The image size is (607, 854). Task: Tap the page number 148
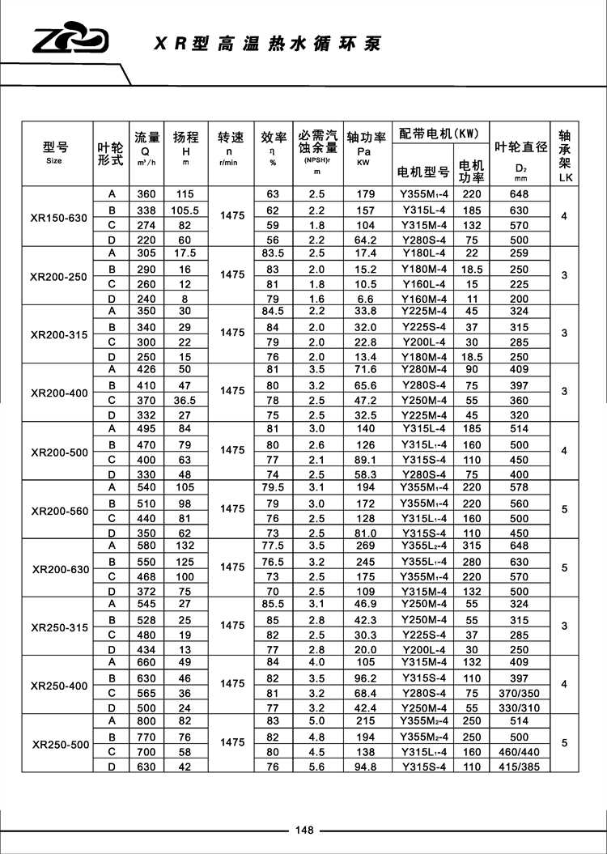tap(304, 830)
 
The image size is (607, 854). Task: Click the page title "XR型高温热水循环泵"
tap(267, 44)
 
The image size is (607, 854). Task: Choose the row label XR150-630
tap(57, 218)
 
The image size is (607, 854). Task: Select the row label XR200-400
tap(59, 393)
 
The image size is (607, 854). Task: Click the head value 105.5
tap(185, 210)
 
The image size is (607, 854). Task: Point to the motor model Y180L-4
tap(425, 254)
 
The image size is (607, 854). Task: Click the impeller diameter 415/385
tap(520, 767)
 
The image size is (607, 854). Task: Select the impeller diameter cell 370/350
tap(520, 692)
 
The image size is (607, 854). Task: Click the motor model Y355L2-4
tap(425, 546)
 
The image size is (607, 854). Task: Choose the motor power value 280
tap(471, 562)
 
